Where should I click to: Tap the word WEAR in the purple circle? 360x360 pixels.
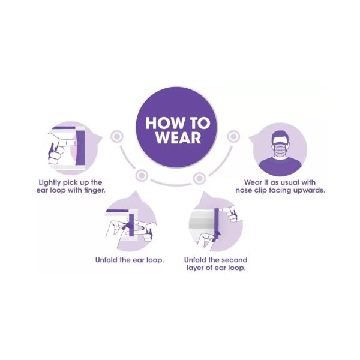click(x=178, y=138)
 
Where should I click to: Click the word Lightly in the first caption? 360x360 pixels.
click(x=49, y=183)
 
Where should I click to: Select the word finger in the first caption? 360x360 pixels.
click(x=94, y=191)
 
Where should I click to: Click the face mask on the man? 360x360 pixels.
click(x=280, y=149)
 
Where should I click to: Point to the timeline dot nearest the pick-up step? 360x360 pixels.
click(x=117, y=136)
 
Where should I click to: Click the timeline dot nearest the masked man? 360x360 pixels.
click(x=234, y=136)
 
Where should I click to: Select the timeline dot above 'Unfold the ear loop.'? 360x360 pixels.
click(x=142, y=176)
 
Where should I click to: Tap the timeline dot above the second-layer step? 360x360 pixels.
click(x=199, y=178)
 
